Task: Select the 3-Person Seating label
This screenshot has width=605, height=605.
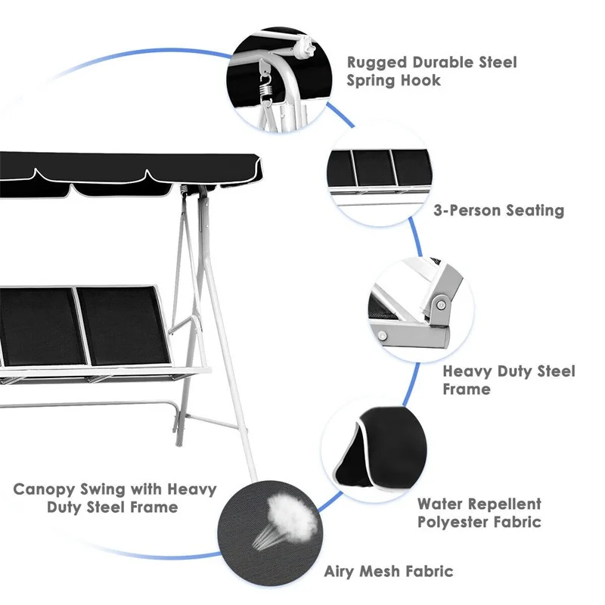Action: pyautogui.click(x=499, y=210)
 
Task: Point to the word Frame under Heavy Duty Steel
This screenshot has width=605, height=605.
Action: pyautogui.click(x=466, y=389)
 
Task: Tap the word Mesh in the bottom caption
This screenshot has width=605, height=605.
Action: pyautogui.click(x=386, y=572)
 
